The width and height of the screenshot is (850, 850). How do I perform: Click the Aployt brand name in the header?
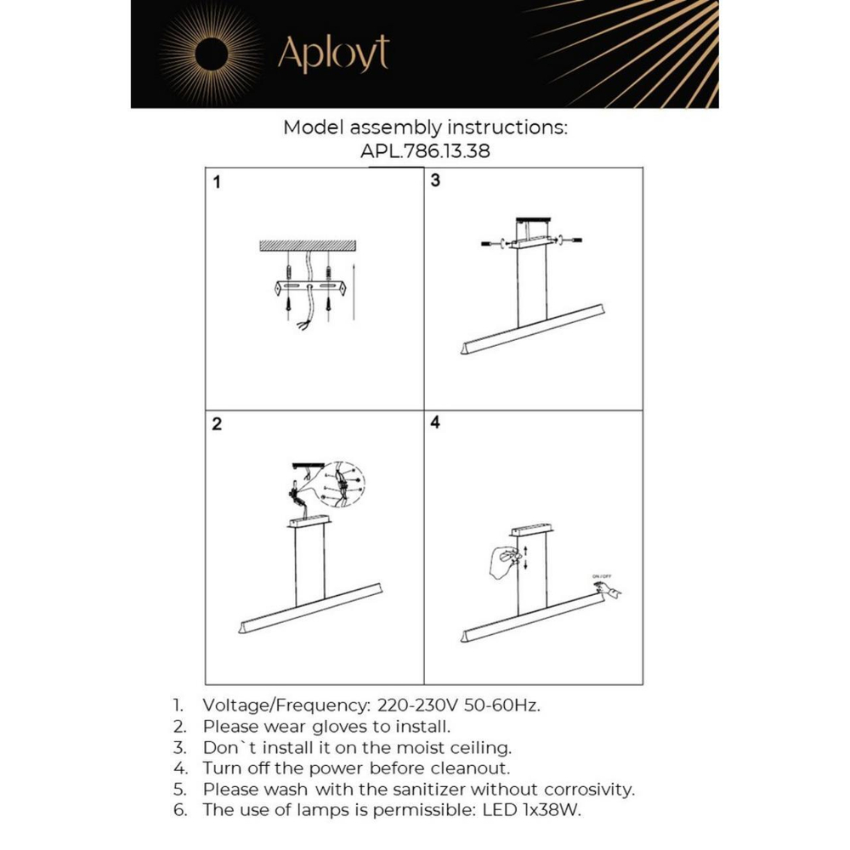coord(333,54)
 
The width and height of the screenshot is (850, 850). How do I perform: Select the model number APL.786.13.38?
coord(425,151)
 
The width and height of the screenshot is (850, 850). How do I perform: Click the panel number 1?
coord(217,182)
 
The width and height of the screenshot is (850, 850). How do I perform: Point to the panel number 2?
coord(217,425)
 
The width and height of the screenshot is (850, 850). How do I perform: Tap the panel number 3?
coord(435,180)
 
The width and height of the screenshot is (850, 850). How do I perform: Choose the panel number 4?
coord(435,422)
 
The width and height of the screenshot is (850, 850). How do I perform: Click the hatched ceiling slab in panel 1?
coord(308,246)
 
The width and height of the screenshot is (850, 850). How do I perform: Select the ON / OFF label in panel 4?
coord(602,576)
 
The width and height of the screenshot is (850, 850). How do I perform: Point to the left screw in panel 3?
coord(492,244)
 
